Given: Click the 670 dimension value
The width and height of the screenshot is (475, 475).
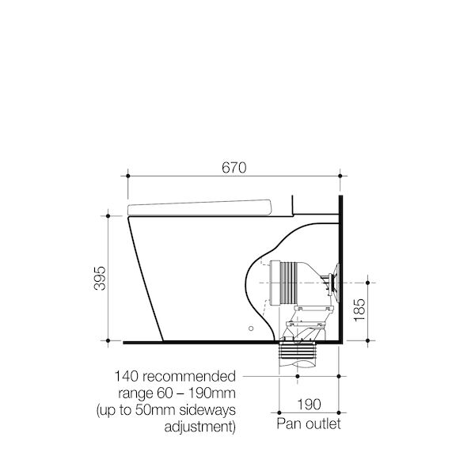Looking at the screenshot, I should click(235, 167).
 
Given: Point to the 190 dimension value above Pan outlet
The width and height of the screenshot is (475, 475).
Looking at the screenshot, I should click(310, 405).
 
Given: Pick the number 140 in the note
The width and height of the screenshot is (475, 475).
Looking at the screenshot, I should click(128, 375).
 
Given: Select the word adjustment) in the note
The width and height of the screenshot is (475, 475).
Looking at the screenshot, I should click(199, 428).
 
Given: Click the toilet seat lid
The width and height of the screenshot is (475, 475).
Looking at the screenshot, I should click(201, 207).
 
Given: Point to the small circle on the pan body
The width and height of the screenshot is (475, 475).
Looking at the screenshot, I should click(251, 327).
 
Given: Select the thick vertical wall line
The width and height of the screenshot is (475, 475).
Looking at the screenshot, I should click(340, 269).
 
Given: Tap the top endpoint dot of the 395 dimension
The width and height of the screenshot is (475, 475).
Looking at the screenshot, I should click(104, 214).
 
